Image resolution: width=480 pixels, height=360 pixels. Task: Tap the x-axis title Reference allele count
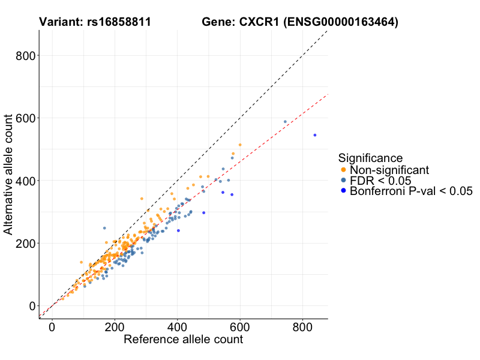(x=183, y=340)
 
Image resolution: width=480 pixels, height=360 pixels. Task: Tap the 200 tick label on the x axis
(x=115, y=327)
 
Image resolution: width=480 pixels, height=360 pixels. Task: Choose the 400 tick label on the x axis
(x=177, y=327)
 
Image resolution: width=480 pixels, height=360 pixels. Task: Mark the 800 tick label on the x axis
(x=302, y=327)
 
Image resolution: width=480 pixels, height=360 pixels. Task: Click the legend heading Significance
(x=370, y=158)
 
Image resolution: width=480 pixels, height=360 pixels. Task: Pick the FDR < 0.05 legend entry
(x=376, y=181)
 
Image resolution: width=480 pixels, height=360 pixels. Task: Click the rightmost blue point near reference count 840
(x=315, y=135)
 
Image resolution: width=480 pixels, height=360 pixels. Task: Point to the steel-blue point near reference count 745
(x=285, y=122)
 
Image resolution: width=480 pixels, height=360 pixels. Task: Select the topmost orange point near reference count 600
(x=240, y=145)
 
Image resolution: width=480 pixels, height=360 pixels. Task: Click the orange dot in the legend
(x=343, y=170)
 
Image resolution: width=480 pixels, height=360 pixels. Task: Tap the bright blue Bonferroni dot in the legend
(x=343, y=191)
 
